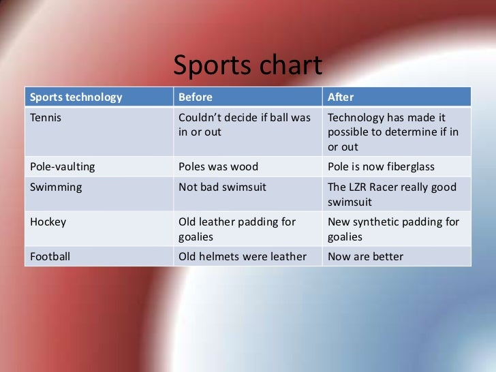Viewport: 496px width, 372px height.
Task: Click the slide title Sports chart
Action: tap(247, 66)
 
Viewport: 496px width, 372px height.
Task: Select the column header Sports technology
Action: tap(75, 96)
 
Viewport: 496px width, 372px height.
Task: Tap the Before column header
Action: tap(196, 96)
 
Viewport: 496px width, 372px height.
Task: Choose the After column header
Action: tap(341, 96)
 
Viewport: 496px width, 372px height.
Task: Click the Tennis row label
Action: tap(45, 117)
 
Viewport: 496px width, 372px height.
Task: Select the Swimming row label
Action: tap(55, 187)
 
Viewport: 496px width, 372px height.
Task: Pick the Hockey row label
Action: tap(48, 221)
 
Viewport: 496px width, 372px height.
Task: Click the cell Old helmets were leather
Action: tap(241, 257)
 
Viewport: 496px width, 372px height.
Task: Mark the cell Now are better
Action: tap(366, 257)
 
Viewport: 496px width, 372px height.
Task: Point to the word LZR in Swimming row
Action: tap(360, 187)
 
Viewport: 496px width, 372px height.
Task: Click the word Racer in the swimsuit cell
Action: tap(392, 187)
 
